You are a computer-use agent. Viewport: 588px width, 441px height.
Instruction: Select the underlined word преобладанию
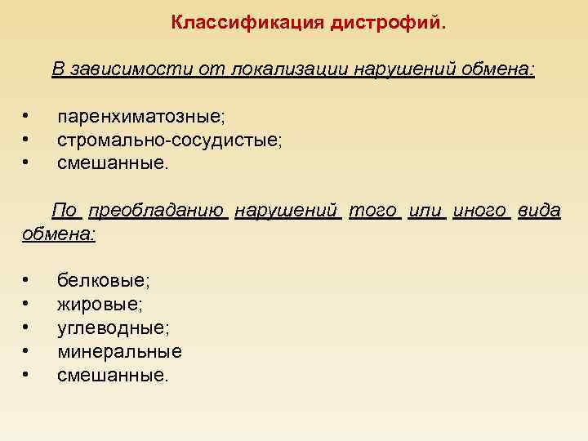(157, 211)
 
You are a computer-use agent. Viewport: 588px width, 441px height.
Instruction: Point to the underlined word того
(373, 211)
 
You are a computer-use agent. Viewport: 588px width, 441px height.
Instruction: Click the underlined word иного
(480, 211)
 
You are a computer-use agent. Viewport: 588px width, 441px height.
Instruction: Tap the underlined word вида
(539, 211)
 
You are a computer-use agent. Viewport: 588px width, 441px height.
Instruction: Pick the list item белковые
(104, 281)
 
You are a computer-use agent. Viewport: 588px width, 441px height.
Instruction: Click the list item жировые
(100, 305)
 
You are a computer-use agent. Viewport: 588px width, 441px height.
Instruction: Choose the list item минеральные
(119, 352)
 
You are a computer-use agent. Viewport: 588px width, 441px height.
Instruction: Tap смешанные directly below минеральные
(113, 376)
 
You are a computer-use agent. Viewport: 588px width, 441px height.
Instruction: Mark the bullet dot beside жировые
(27, 304)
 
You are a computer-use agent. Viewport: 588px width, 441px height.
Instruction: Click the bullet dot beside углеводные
(27, 327)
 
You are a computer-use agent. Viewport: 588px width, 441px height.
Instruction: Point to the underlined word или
(425, 211)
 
